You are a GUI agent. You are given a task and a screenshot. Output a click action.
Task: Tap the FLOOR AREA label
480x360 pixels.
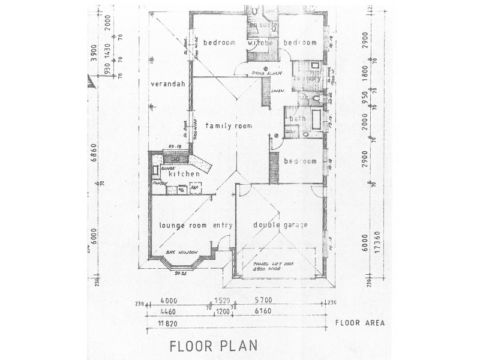[x=360, y=323]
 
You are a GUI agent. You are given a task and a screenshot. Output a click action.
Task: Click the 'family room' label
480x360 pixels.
[x=228, y=126]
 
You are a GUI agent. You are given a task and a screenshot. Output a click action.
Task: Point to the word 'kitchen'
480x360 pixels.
[x=183, y=174]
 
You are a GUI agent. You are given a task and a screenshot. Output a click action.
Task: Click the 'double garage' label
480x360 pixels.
[x=280, y=225]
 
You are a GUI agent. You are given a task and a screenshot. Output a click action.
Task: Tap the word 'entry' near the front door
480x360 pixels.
[x=223, y=226]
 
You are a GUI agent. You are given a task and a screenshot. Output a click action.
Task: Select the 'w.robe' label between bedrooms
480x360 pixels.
[x=260, y=43]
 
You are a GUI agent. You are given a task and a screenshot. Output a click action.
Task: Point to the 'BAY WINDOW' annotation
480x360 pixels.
[x=181, y=254]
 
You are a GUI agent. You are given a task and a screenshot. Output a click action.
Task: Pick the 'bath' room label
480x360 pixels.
[x=295, y=119]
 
